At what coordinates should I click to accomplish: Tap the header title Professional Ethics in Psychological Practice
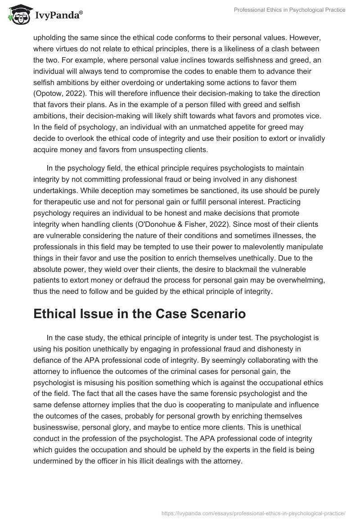(x=290, y=10)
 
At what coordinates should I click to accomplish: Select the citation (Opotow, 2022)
(x=61, y=94)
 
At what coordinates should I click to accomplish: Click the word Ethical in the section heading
(x=57, y=314)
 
